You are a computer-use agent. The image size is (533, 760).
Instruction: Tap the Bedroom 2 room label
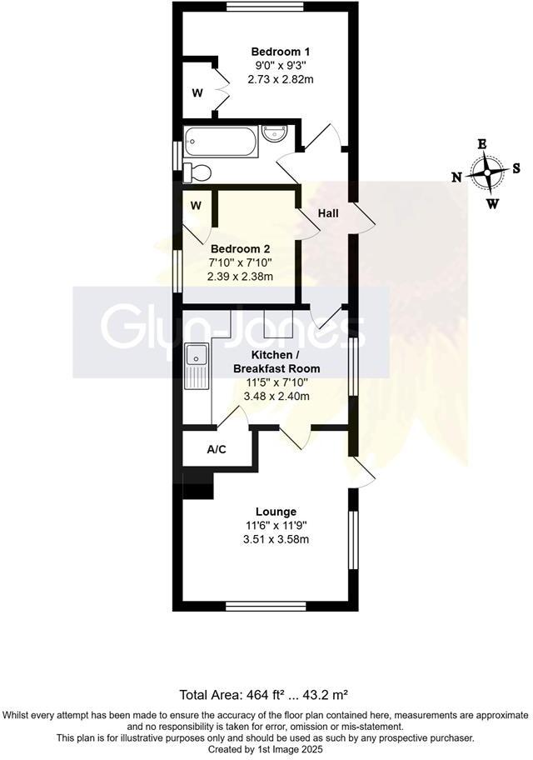click(240, 248)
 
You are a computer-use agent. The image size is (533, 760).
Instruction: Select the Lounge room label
click(276, 512)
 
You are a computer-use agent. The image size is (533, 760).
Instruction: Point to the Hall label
click(328, 213)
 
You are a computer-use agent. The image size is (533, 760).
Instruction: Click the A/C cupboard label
click(217, 450)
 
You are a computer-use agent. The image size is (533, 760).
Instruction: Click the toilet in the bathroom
click(197, 172)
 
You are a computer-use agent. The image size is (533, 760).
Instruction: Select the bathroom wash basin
click(275, 132)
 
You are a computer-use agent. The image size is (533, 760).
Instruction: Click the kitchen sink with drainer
click(197, 367)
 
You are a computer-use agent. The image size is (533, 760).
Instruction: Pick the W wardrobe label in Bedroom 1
click(197, 92)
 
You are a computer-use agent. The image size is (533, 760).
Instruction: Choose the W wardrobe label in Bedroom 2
click(196, 205)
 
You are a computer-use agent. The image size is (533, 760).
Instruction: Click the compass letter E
click(481, 143)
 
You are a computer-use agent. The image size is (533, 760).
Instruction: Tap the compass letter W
click(493, 203)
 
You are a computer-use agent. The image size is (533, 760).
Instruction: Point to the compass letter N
click(456, 177)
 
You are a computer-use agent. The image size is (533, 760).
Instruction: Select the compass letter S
click(516, 167)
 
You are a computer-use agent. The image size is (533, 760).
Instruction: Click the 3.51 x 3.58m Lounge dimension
click(276, 539)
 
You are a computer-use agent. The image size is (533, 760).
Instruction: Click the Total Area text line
click(266, 694)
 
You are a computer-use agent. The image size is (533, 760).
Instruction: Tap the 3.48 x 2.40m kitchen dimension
click(276, 396)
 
